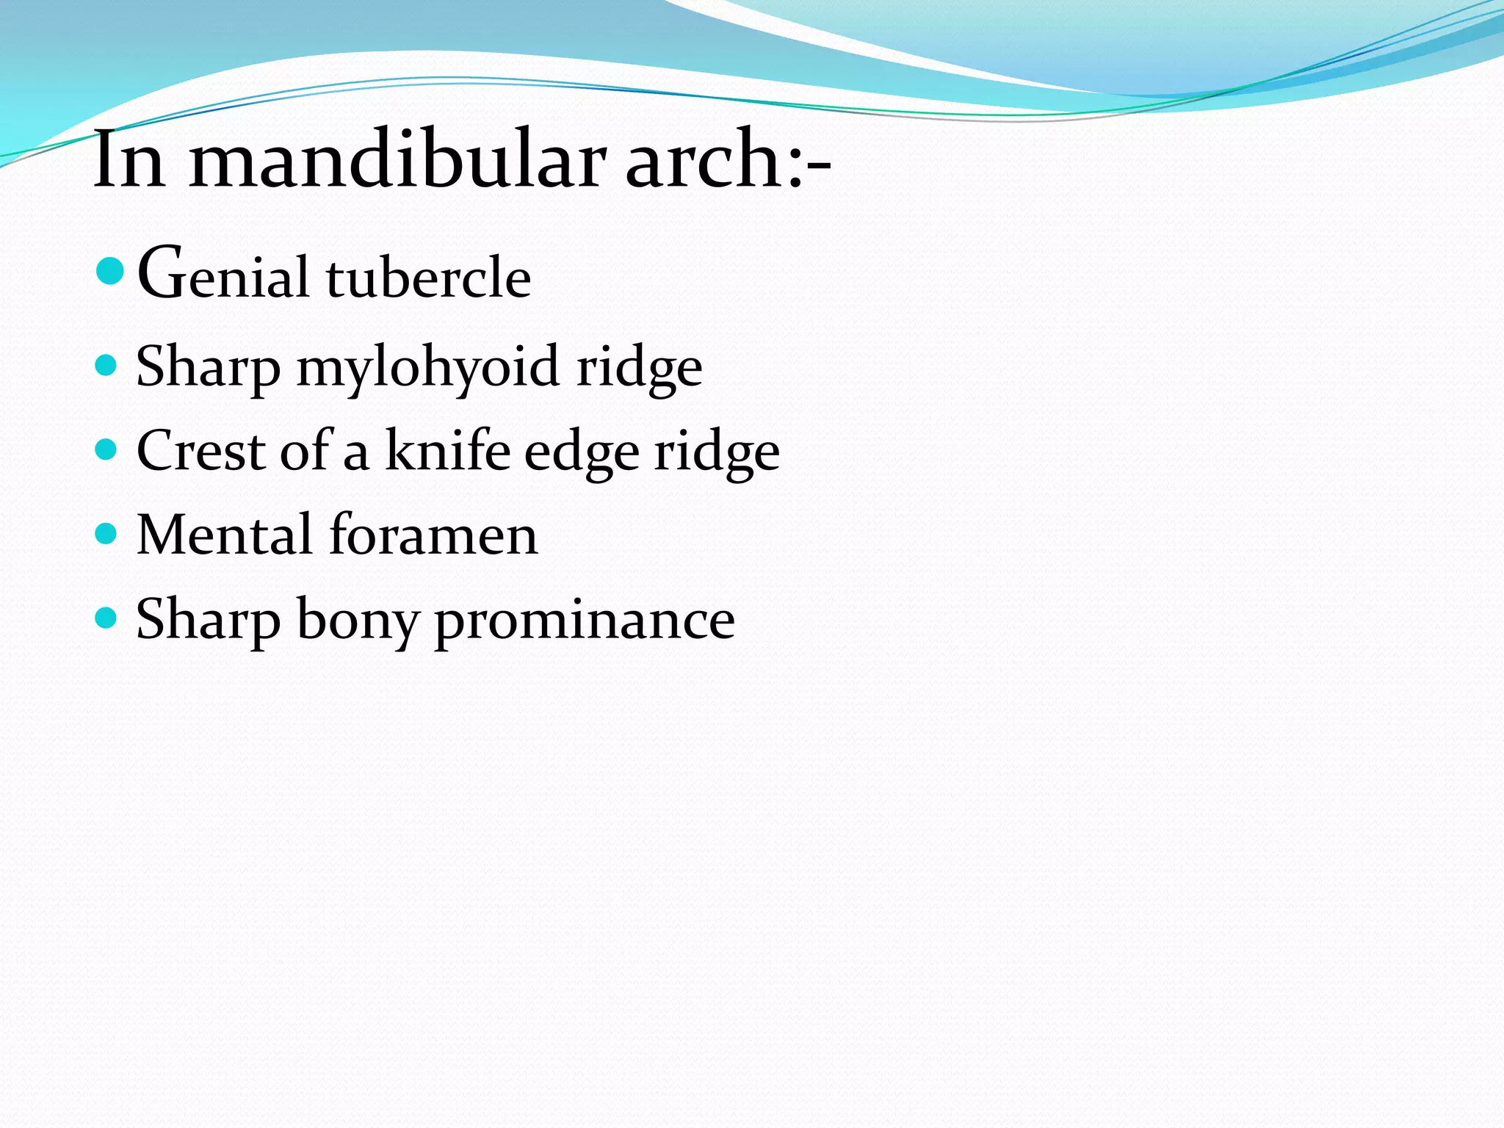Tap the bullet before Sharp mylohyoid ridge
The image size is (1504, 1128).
coord(106,365)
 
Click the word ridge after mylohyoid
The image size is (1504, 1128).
coord(639,367)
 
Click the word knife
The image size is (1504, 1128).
coord(448,450)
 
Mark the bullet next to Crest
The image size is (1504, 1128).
coord(106,449)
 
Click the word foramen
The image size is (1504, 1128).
coord(433,534)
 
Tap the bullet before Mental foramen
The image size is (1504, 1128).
coord(106,532)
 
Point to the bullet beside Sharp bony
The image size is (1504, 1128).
coord(106,617)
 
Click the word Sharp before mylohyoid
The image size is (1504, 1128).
coord(208,367)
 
